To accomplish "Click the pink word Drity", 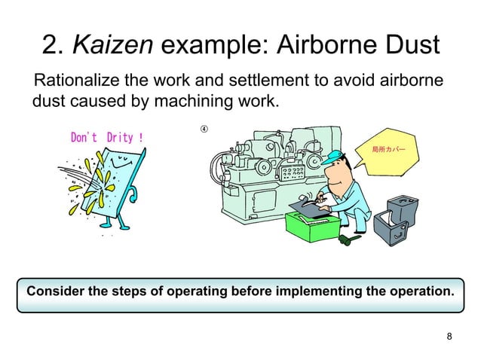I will pos(121,138).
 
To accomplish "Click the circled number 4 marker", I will pos(204,128).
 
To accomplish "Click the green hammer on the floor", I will pos(348,240).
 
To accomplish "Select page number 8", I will pos(450,336).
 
